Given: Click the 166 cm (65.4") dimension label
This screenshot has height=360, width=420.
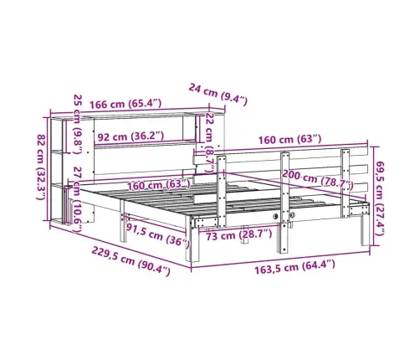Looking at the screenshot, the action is point(125,104).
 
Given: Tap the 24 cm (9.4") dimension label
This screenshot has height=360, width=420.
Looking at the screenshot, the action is point(218,94).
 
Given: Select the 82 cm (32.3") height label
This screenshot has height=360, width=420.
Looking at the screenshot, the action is point(41,167).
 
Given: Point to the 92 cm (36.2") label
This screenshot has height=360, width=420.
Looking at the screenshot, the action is point(131,136).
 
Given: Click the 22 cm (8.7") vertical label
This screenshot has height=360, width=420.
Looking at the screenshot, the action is point(209,142).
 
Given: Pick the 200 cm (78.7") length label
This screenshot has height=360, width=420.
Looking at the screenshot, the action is point(318,179).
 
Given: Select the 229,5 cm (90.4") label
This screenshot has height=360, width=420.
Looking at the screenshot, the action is point(131,262).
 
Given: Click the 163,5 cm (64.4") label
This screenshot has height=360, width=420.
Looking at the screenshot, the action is point(295,267).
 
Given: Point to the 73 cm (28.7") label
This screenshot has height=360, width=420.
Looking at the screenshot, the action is point(238,234).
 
